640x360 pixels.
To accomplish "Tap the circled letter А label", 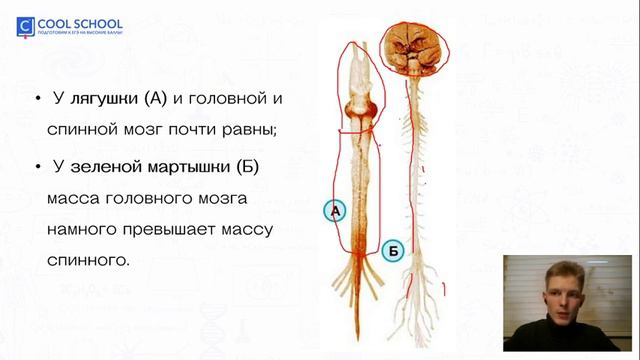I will pyautogui.click(x=336, y=211).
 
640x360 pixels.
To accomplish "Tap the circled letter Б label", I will pyautogui.click(x=392, y=252).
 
